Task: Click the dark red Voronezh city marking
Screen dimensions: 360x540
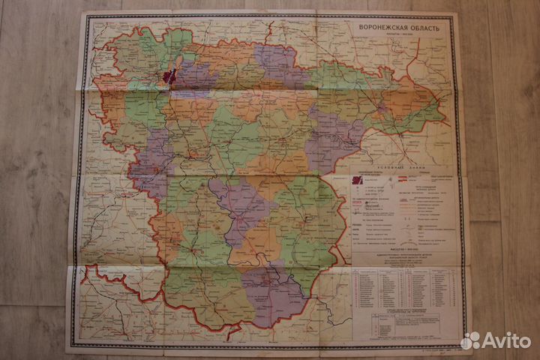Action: (x=168, y=75)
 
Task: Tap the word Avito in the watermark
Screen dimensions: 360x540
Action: (x=505, y=340)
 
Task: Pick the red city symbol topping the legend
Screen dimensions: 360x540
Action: (x=358, y=181)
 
